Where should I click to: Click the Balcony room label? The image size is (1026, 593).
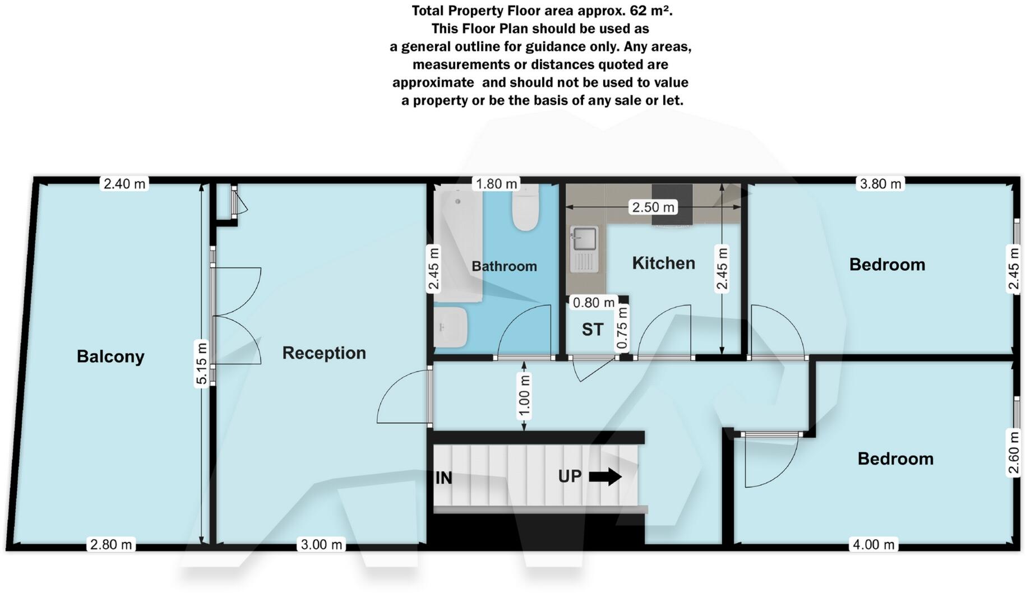110,356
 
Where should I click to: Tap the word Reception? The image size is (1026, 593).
323,353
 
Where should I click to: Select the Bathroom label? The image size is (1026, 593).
504,266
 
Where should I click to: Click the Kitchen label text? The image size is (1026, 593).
663,263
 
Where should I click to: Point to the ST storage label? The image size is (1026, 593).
592,330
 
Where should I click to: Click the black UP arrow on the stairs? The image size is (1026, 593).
606,477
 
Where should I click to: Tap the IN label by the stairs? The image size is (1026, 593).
443,478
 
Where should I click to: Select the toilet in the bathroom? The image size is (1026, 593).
525,210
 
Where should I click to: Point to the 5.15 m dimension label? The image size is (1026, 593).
202,363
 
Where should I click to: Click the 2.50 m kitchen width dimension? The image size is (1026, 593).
653,207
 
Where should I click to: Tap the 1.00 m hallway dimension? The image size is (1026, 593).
524,397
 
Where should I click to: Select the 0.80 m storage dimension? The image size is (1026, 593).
593,303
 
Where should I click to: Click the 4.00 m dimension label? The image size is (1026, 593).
873,544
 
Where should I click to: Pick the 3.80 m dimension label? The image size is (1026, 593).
880,184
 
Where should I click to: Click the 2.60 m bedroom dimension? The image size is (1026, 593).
1014,452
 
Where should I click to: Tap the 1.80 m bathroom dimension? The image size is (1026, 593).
496,184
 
